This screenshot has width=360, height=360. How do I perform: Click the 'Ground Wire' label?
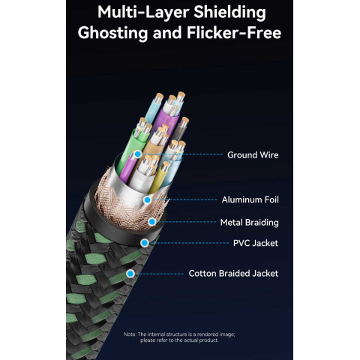pyautogui.click(x=253, y=155)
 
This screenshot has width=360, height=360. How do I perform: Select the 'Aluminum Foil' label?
pyautogui.click(x=250, y=199)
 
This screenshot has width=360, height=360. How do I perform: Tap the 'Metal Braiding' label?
pyautogui.click(x=249, y=223)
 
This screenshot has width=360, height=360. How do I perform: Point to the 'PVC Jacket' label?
pyautogui.click(x=256, y=243)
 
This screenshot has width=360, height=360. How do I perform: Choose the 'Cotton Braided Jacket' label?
pyautogui.click(x=233, y=274)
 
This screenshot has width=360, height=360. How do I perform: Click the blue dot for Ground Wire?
pyautogui.click(x=137, y=154)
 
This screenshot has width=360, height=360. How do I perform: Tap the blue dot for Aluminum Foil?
pyautogui.click(x=148, y=200)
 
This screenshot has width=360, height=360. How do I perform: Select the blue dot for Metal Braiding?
pyautogui.click(x=151, y=222)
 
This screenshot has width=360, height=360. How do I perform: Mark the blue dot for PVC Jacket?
pyautogui.click(x=145, y=243)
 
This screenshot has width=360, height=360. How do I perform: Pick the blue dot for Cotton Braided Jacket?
pyautogui.click(x=130, y=274)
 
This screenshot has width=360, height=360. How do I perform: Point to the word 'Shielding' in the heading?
pyautogui.click(x=229, y=13)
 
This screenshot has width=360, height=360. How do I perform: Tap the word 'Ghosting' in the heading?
pyautogui.click(x=112, y=34)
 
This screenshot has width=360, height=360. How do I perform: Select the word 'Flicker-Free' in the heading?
pyautogui.click(x=234, y=33)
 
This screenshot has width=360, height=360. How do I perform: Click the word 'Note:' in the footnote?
pyautogui.click(x=130, y=334)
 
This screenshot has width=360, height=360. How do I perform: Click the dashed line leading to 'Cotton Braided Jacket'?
pyautogui.click(x=160, y=274)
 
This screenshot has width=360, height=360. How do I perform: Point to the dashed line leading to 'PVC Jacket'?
pyautogui.click(x=190, y=243)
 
